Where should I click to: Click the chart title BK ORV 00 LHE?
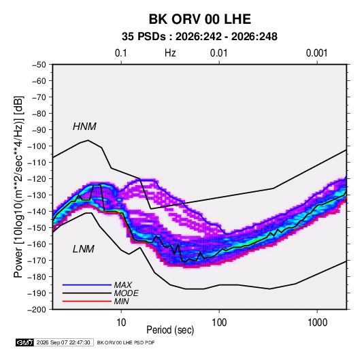199,19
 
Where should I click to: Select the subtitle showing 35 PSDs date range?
199,37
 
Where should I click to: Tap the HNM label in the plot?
84,127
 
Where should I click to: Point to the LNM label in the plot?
84,249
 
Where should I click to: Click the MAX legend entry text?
122,285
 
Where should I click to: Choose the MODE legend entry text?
126,293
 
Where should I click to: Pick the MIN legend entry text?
121,301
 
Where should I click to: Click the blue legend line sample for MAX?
87,285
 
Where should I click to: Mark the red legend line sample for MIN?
87,301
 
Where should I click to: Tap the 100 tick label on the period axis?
219,323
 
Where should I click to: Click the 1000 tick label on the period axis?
317,323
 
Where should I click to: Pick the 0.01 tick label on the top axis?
218,53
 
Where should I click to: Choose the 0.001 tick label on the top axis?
316,53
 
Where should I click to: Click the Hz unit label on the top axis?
170,53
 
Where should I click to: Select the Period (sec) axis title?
170,330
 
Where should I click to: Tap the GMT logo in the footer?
24,342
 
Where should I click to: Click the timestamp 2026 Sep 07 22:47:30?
63,342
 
